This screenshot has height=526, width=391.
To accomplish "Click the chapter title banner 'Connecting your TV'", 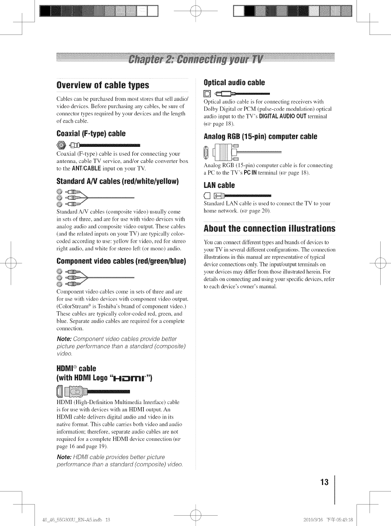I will click(195, 60).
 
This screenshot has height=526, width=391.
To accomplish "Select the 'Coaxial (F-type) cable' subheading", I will click(91, 133).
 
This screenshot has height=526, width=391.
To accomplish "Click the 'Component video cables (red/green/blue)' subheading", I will click(121, 261).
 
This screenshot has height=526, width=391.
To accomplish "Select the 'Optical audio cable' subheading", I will click(234, 82).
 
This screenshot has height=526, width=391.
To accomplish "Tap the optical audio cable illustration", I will click(236, 93).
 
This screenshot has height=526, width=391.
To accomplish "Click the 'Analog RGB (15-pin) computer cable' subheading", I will click(260, 136).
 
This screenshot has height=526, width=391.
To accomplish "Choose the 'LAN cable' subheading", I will click(219, 186).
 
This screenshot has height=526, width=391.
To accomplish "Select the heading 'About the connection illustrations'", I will click(269, 228).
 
